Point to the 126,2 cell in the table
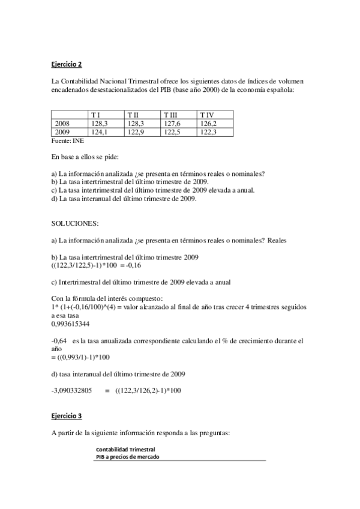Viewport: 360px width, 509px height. tap(208, 122)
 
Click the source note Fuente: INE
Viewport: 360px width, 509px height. tap(67, 140)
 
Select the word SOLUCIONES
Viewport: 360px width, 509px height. tap(75, 223)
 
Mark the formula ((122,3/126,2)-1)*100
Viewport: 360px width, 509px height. tap(148, 391)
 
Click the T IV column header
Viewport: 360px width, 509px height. tap(207, 115)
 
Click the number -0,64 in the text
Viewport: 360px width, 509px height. tap(59, 340)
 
